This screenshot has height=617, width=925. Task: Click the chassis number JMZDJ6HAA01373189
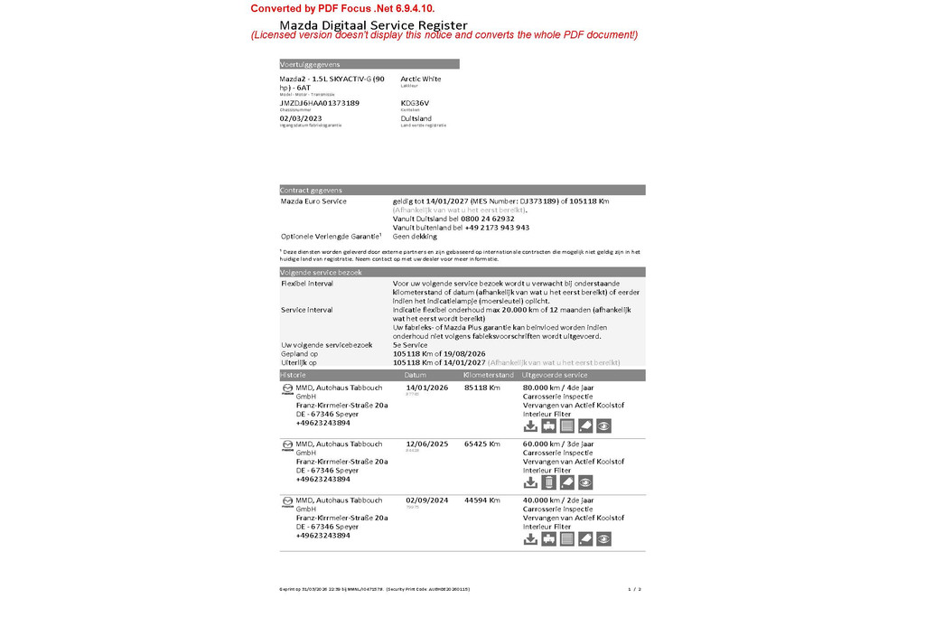click(x=320, y=103)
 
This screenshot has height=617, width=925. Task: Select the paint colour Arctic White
click(x=421, y=79)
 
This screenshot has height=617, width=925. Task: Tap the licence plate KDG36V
click(x=416, y=103)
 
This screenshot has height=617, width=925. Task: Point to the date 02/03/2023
click(x=301, y=118)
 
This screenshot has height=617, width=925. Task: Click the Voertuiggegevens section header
click(x=310, y=64)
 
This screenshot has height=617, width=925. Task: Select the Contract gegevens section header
click(x=312, y=191)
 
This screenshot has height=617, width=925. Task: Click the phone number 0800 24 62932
click(x=487, y=219)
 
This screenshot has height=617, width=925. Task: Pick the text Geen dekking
click(x=416, y=236)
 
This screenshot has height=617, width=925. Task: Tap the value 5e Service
click(x=411, y=345)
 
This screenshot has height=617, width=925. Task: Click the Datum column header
click(x=416, y=375)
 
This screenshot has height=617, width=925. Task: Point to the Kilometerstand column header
click(x=489, y=375)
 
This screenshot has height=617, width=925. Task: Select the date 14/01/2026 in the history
click(x=426, y=388)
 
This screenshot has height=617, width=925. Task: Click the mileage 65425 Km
click(x=482, y=444)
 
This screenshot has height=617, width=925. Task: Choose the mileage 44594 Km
click(x=482, y=500)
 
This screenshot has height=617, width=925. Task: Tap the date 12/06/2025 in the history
click(x=426, y=444)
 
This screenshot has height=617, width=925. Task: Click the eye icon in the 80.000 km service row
click(x=603, y=426)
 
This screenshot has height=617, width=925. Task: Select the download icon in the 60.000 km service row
click(x=531, y=482)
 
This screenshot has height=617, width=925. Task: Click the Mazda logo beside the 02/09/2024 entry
click(x=287, y=501)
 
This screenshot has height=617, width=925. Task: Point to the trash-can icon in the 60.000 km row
click(x=549, y=482)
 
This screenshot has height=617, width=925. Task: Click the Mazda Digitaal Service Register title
click(x=373, y=24)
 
